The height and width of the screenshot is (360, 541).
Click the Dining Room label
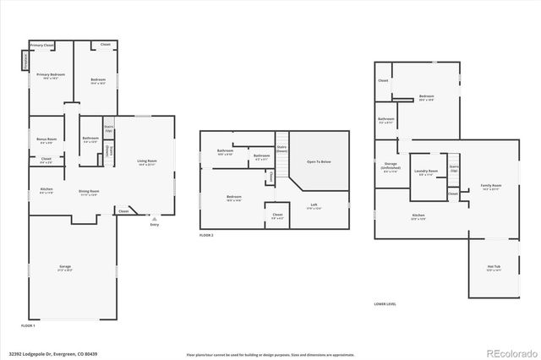coord(89,192)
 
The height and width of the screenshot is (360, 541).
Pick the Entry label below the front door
coord(154,225)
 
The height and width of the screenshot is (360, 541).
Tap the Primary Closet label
coord(41,45)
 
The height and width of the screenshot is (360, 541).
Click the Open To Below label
coord(319,161)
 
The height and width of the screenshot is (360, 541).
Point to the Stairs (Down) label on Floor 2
coord(282,148)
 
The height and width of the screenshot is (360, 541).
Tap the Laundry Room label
coord(426,172)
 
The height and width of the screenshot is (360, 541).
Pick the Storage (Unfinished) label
coord(391,166)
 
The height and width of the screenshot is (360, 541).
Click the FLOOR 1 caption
coord(28,325)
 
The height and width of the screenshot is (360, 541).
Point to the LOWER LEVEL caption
coord(385,304)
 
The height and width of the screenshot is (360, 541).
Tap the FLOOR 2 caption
coord(206,235)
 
